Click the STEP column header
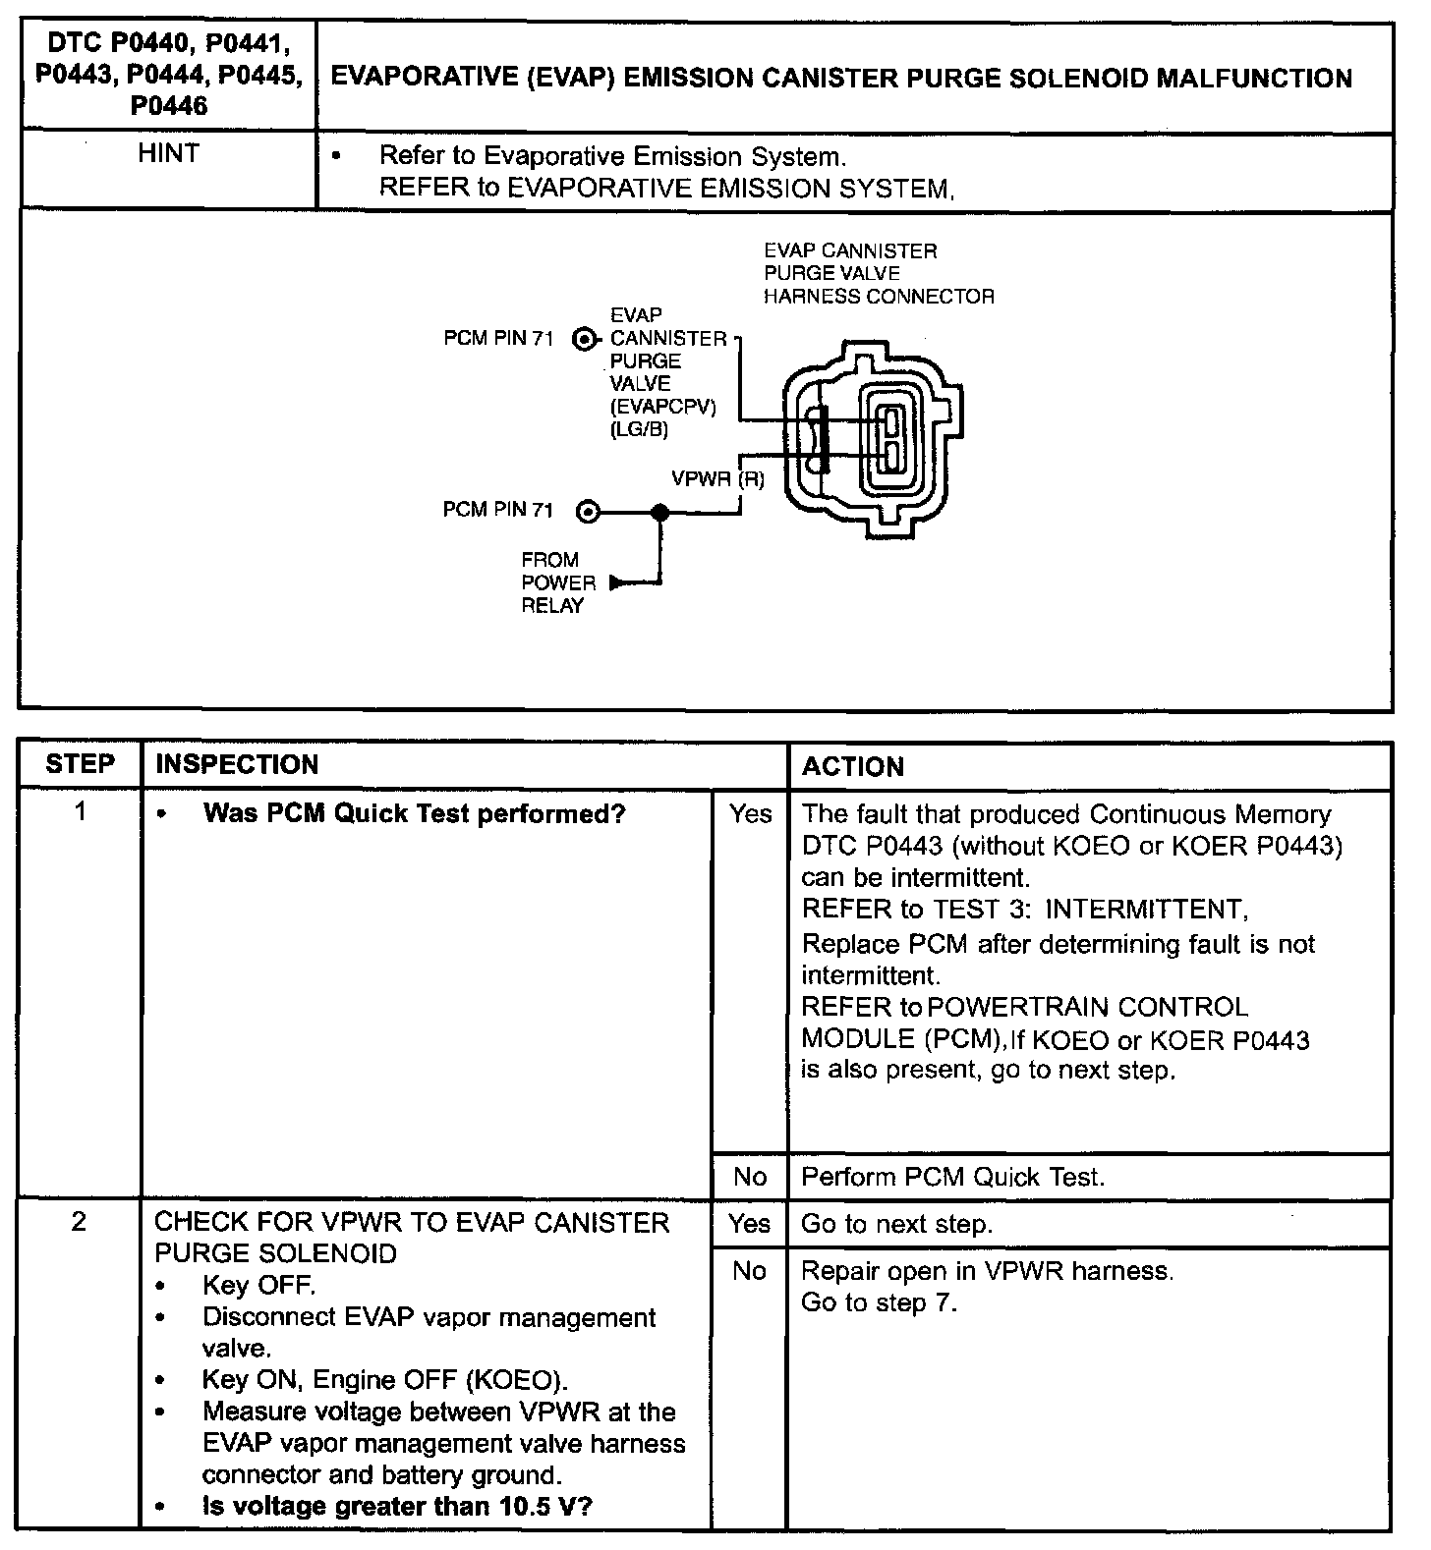coord(80,764)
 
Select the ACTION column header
coord(852,766)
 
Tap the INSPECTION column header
coord(237,764)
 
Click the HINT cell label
coord(168,154)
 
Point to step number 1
coord(80,811)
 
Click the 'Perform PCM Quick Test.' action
coord(952,1177)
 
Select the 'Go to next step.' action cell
coord(896,1224)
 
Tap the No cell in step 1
coord(750,1177)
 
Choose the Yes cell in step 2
coord(750,1224)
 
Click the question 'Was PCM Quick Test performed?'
coord(414,814)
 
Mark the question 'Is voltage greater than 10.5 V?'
coord(397,1506)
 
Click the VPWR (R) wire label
coord(717,479)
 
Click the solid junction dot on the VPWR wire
coord(660,512)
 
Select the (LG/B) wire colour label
coord(639,429)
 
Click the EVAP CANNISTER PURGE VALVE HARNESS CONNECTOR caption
coord(878,273)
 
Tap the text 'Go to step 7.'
coord(878,1302)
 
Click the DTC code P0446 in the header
coord(169,106)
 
